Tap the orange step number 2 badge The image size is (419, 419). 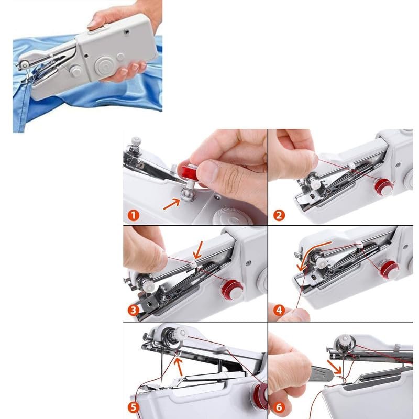[x=279, y=214]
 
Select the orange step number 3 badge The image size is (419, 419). [x=133, y=310]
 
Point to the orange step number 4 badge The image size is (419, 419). [x=279, y=310]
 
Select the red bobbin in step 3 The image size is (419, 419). [x=233, y=289]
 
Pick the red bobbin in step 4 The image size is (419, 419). [x=389, y=269]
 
